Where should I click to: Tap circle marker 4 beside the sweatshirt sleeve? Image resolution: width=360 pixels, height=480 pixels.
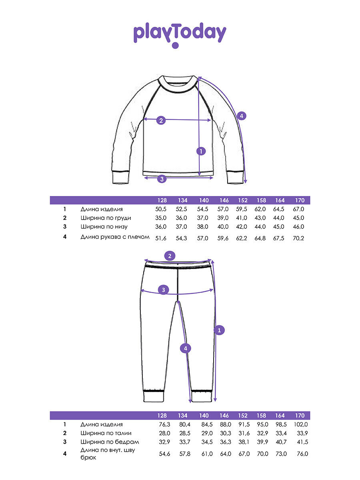[x=241, y=116]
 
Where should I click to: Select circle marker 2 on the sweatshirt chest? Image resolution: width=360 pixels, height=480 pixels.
[x=161, y=120]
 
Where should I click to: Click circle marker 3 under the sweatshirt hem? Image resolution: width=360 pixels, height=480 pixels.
[x=162, y=179]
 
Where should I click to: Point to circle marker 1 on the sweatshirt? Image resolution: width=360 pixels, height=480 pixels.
[x=201, y=151]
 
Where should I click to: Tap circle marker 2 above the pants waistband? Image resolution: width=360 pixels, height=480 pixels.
[x=170, y=256]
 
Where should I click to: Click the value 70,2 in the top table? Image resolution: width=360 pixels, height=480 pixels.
[x=300, y=238]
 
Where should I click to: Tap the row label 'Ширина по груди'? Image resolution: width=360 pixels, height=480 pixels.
[x=106, y=218]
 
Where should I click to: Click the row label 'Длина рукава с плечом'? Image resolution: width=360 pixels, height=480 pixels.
[x=115, y=237]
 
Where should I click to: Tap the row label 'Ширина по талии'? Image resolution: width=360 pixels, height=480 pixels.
[x=106, y=433]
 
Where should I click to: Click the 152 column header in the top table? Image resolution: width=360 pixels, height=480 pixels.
[x=243, y=200]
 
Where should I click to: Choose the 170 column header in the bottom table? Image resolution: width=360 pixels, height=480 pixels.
[x=300, y=416]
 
